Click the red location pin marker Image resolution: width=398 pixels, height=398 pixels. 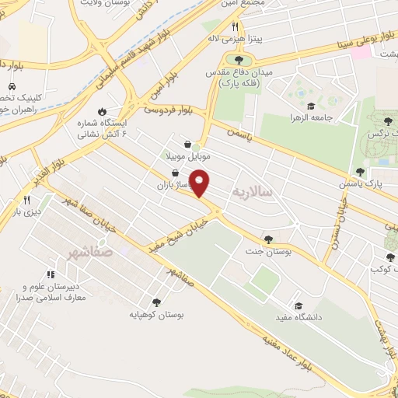coord(201,183)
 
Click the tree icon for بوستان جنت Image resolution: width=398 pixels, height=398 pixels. coord(268,240)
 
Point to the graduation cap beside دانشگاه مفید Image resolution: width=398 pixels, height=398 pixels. coord(298,305)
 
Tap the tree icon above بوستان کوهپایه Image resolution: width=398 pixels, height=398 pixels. coord(156,302)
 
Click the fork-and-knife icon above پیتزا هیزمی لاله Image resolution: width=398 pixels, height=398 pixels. coord(234,26)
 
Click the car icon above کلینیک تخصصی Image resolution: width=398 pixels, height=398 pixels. coord(12,87)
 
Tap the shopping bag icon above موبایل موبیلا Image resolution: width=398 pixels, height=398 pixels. coord(188,144)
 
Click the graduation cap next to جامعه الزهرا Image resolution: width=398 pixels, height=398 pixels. coord(310,106)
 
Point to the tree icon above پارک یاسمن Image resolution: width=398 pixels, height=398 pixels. coord(359,172)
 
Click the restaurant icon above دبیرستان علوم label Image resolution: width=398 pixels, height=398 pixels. coord(51,274)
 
